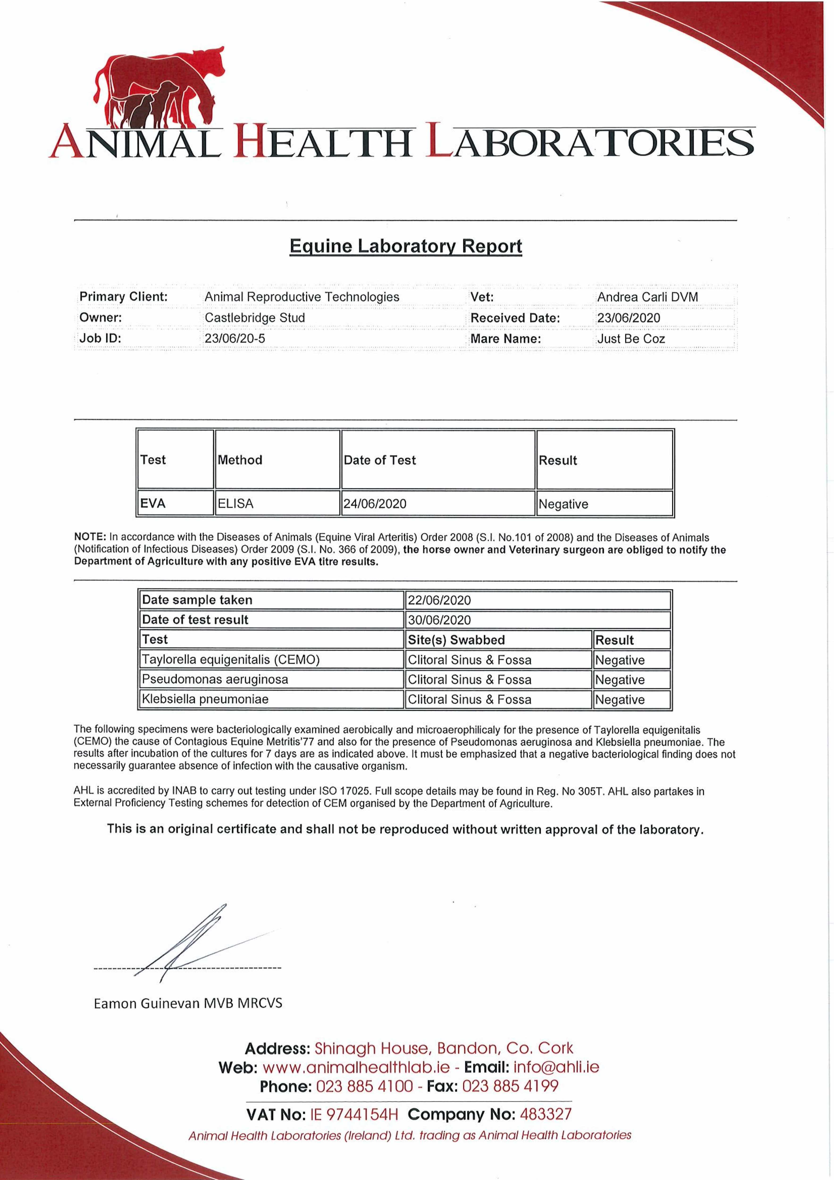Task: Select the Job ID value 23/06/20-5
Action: point(235,339)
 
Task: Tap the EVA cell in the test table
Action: point(153,504)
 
